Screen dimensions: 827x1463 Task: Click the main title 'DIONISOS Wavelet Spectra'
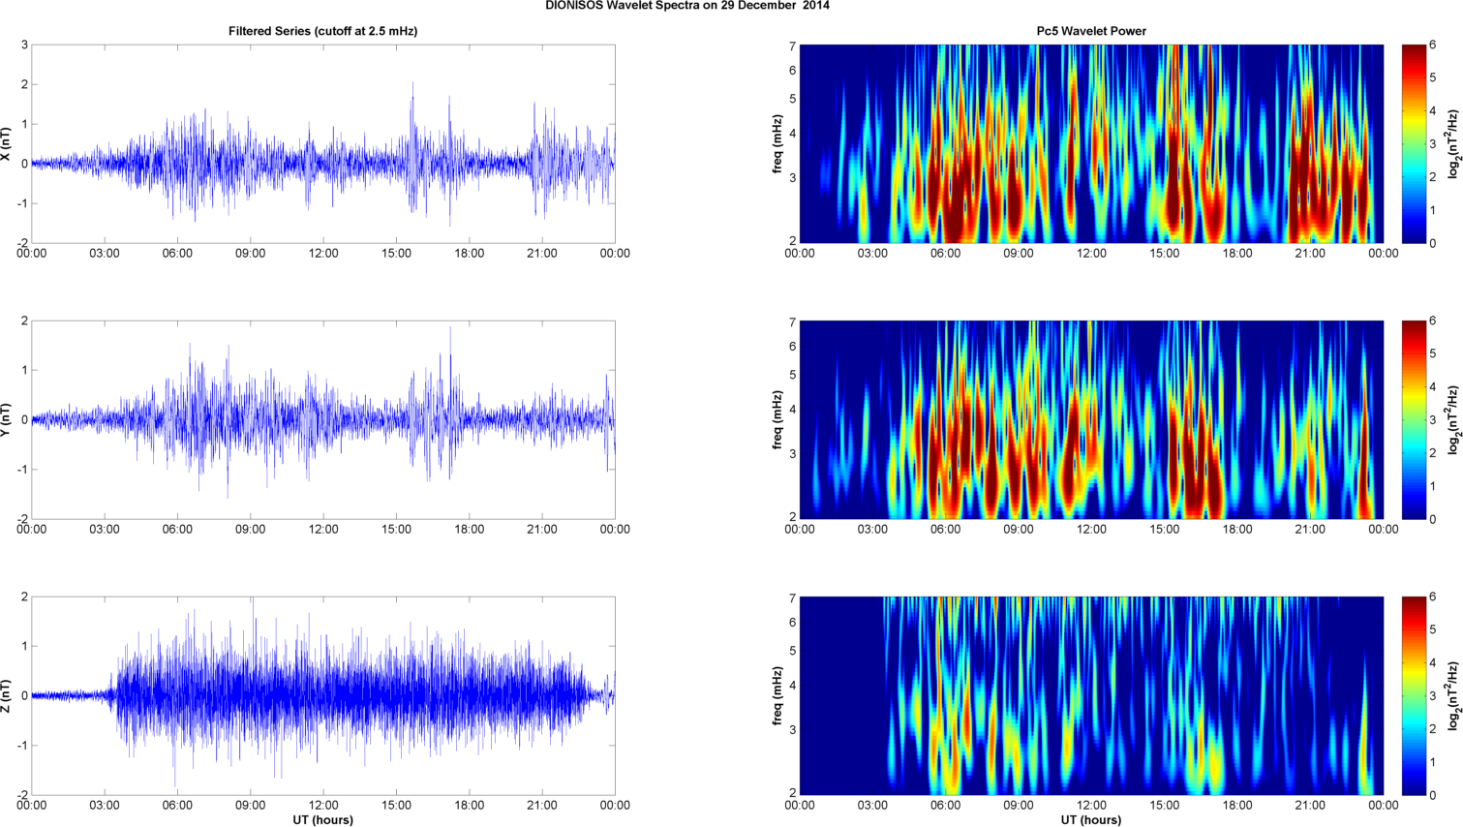pyautogui.click(x=687, y=6)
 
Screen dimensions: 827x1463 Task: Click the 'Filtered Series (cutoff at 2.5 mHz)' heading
pyautogui.click(x=322, y=31)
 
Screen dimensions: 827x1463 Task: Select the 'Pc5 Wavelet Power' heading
pyautogui.click(x=1091, y=31)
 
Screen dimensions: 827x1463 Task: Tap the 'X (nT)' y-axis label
pyautogui.click(x=7, y=143)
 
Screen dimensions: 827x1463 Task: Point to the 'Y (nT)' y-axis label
pyautogui.click(x=7, y=419)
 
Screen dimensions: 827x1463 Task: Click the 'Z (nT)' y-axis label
pyautogui.click(x=7, y=695)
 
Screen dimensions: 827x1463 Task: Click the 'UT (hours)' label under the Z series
pyautogui.click(x=322, y=820)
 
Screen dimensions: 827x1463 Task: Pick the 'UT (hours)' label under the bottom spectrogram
pyautogui.click(x=1091, y=820)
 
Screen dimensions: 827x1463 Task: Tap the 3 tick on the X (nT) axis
pyautogui.click(x=24, y=46)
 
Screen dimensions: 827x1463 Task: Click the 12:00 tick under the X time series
pyautogui.click(x=323, y=254)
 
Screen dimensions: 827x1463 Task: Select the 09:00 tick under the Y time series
pyautogui.click(x=250, y=530)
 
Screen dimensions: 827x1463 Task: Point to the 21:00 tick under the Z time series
pyautogui.click(x=542, y=806)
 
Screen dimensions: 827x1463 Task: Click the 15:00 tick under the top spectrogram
pyautogui.click(x=1165, y=254)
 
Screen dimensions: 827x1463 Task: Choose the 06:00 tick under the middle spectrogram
pyautogui.click(x=945, y=530)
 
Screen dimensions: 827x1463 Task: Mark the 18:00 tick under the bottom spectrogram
pyautogui.click(x=1237, y=806)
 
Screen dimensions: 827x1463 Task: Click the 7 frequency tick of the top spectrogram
pyautogui.click(x=792, y=46)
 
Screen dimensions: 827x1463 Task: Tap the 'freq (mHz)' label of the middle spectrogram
pyautogui.click(x=777, y=419)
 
